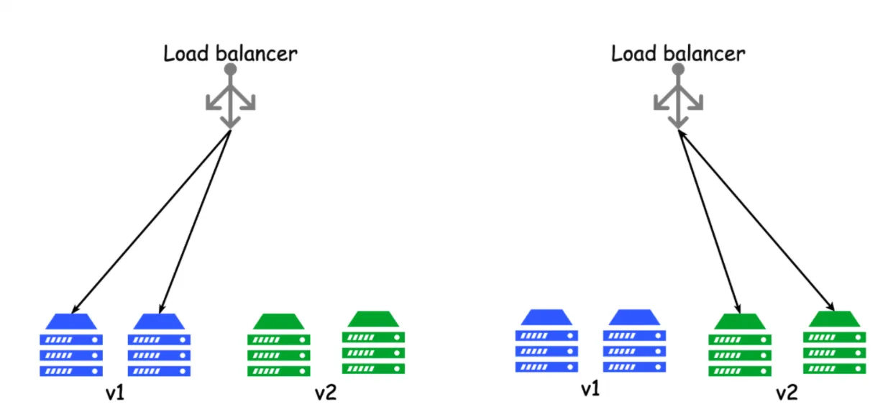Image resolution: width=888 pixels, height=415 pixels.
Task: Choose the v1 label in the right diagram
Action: tap(590, 389)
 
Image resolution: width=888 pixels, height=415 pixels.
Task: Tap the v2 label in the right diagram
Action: tap(787, 393)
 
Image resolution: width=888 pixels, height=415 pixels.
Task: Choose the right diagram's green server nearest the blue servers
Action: tap(739, 345)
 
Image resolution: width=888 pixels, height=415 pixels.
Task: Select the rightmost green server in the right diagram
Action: tap(834, 342)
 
